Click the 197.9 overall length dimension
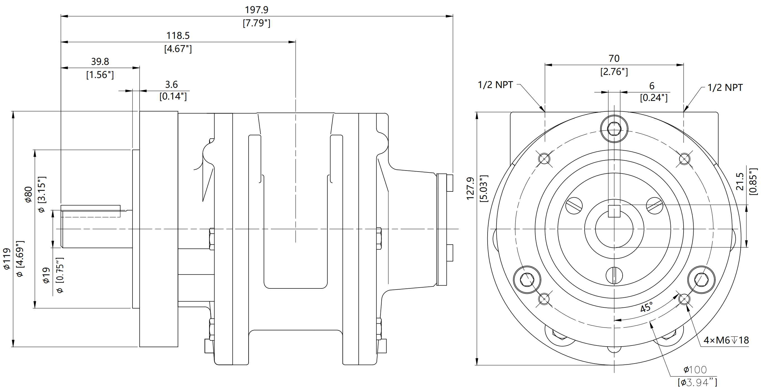pos(256,10)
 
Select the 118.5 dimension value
pos(178,36)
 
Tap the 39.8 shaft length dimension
pos(100,62)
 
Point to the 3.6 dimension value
pos(171,85)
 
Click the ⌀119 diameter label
pos(6,259)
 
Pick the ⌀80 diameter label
pos(28,194)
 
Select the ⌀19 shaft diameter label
pos(46,275)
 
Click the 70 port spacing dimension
pos(614,58)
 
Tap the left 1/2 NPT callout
pos(495,85)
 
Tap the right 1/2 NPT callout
pos(725,88)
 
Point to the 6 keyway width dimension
pos(652,86)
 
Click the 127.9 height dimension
pos(470,188)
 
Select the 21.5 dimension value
pos(739,181)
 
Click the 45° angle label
pos(646,307)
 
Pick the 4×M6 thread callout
pos(726,340)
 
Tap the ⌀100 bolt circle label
pos(695,369)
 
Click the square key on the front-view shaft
pos(614,212)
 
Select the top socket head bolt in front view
pos(614,129)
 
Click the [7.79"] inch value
pos(256,23)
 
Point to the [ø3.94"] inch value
pos(697,382)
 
